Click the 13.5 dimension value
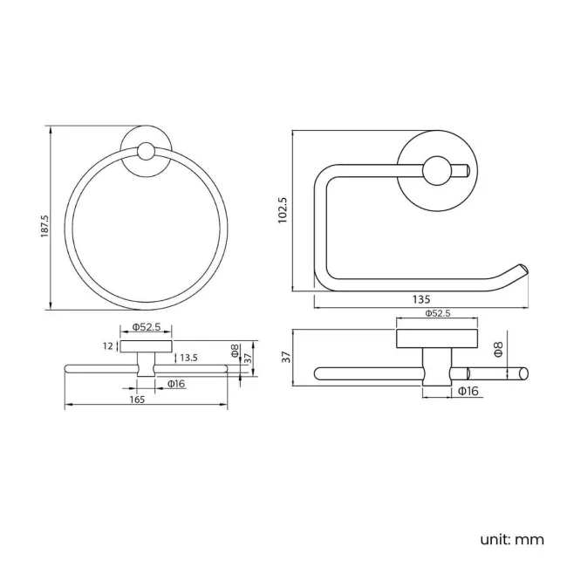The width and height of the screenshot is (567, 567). point(189,358)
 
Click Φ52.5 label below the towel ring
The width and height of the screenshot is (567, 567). point(146,328)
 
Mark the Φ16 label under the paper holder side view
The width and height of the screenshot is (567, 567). point(468,391)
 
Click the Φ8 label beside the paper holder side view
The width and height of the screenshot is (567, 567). point(498,350)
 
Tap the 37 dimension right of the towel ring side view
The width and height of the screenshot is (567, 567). point(248,358)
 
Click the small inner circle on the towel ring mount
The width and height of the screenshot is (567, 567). point(146,154)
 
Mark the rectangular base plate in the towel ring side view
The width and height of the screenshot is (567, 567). point(146,346)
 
